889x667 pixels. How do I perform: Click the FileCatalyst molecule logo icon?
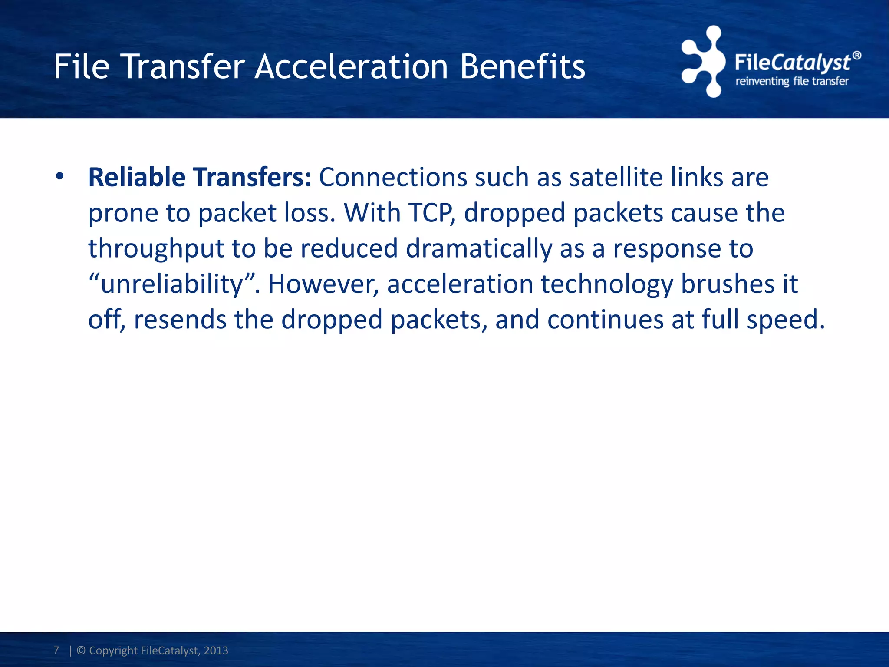pyautogui.click(x=703, y=61)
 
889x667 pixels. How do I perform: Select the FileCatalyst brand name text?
pyautogui.click(x=793, y=63)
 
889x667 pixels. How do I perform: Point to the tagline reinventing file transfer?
pyautogui.click(x=792, y=81)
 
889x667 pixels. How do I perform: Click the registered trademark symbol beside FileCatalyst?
pyautogui.click(x=856, y=56)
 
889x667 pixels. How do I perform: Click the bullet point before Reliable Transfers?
pyautogui.click(x=60, y=177)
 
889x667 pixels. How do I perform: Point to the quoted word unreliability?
pyautogui.click(x=171, y=284)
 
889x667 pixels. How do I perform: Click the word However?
pyautogui.click(x=323, y=284)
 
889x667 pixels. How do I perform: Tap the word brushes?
pyautogui.click(x=728, y=284)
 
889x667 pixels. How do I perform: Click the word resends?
pyautogui.click(x=180, y=320)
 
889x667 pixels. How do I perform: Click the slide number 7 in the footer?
pyautogui.click(x=56, y=650)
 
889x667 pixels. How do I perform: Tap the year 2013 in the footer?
pyautogui.click(x=216, y=650)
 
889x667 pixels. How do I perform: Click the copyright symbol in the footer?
pyautogui.click(x=81, y=650)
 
